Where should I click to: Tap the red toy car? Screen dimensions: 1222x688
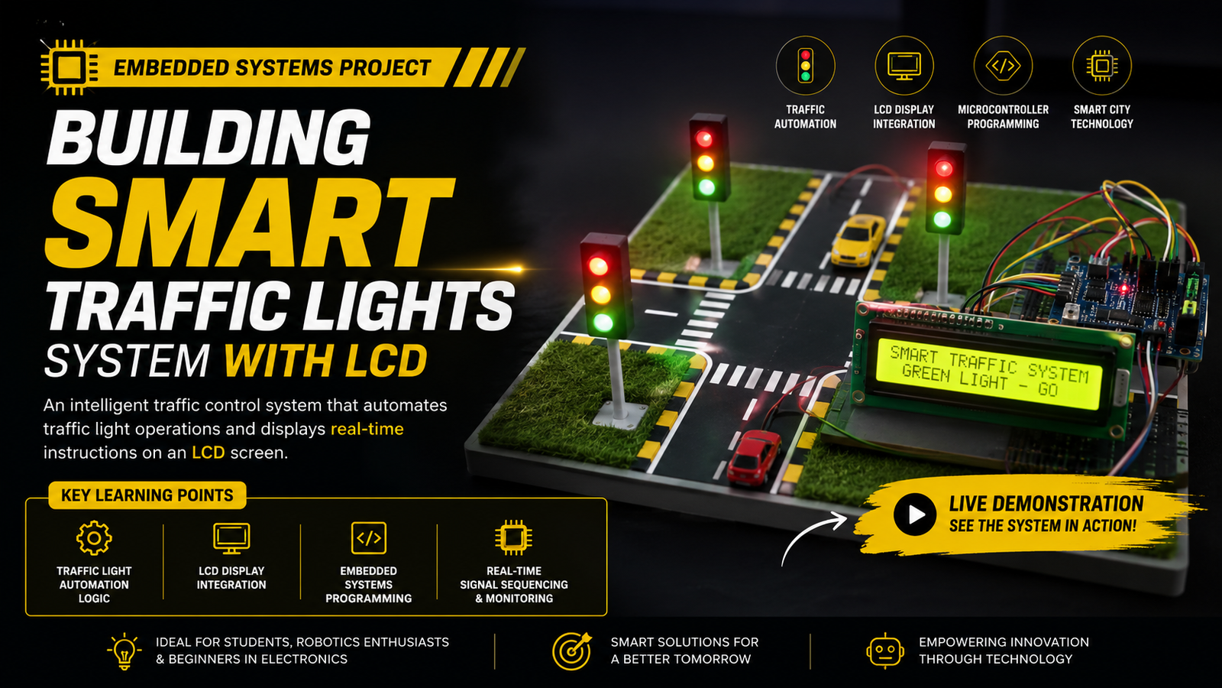[x=755, y=458]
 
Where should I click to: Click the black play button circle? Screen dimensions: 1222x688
[x=915, y=514]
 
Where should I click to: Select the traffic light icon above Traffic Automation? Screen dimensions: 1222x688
[x=805, y=66]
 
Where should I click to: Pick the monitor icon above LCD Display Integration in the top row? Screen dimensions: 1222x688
[x=904, y=66]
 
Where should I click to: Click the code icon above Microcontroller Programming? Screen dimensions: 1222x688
[x=1003, y=66]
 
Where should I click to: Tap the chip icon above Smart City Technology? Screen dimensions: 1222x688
[x=1101, y=66]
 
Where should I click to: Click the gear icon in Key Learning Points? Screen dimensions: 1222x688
[x=94, y=538]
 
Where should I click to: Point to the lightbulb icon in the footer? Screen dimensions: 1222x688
[x=124, y=651]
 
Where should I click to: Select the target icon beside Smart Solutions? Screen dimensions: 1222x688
[x=571, y=651]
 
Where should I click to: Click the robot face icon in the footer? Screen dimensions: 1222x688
[x=885, y=651]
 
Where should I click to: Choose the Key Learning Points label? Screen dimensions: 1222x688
[x=147, y=495]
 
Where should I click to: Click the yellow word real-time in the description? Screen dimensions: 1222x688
[x=367, y=429]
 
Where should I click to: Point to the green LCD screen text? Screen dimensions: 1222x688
[x=988, y=372]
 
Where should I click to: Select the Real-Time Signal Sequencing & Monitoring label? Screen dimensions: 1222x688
[x=514, y=585]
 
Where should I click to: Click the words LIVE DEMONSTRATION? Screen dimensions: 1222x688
[x=1046, y=504]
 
